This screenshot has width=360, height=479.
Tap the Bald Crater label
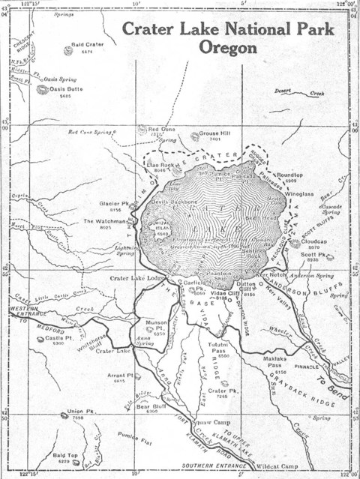tap(86, 44)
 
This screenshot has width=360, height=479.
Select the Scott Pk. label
tap(313, 254)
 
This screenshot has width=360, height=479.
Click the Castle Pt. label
tap(58, 338)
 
